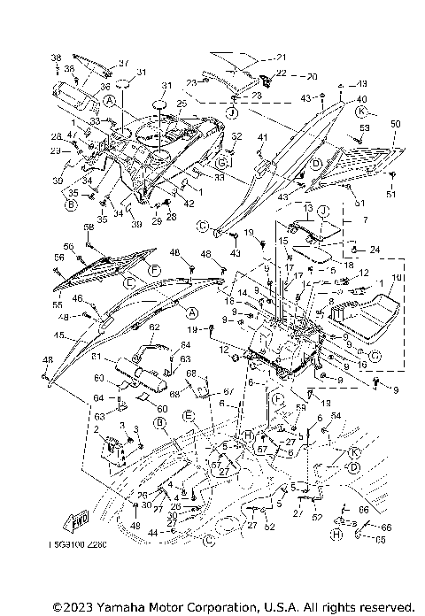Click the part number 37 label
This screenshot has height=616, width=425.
pyautogui.click(x=125, y=62)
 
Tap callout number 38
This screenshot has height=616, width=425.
pyautogui.click(x=55, y=57)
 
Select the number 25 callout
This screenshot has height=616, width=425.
pyautogui.click(x=182, y=104)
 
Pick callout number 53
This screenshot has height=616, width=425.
pyautogui.click(x=364, y=128)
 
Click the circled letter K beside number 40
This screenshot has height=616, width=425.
pyautogui.click(x=360, y=112)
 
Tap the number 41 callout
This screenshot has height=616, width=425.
pyautogui.click(x=262, y=139)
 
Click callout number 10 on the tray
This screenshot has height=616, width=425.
pyautogui.click(x=395, y=278)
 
